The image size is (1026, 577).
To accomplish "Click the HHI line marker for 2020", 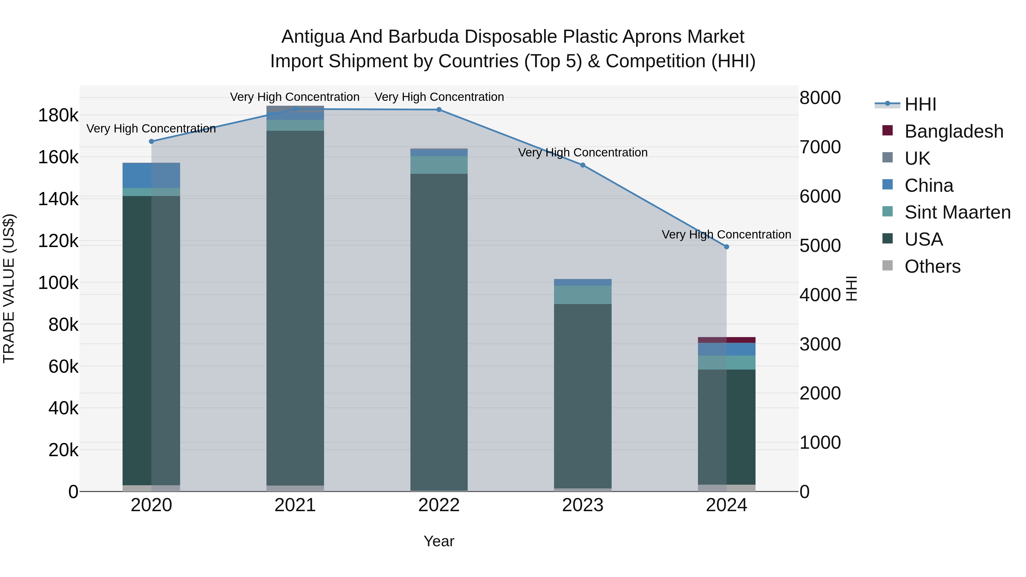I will coord(151,141).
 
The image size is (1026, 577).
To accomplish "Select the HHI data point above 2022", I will coord(439,109).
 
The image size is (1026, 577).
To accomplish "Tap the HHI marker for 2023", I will coord(583,165).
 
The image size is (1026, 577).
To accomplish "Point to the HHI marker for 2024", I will coord(726,247).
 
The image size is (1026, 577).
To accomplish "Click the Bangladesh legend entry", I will coord(954,131).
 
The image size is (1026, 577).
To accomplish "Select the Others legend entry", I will coord(932,266).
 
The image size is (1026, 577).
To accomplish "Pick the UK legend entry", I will coord(917,158).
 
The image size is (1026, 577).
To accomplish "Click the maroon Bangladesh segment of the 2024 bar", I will coord(726,340).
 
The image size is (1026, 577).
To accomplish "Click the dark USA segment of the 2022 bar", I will coord(439,331).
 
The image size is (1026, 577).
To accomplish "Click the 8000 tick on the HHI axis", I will coord(820,98).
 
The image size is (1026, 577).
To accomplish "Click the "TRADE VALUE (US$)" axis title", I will coord(9,288).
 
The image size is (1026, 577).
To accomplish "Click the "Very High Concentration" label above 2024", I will coord(726,235).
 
